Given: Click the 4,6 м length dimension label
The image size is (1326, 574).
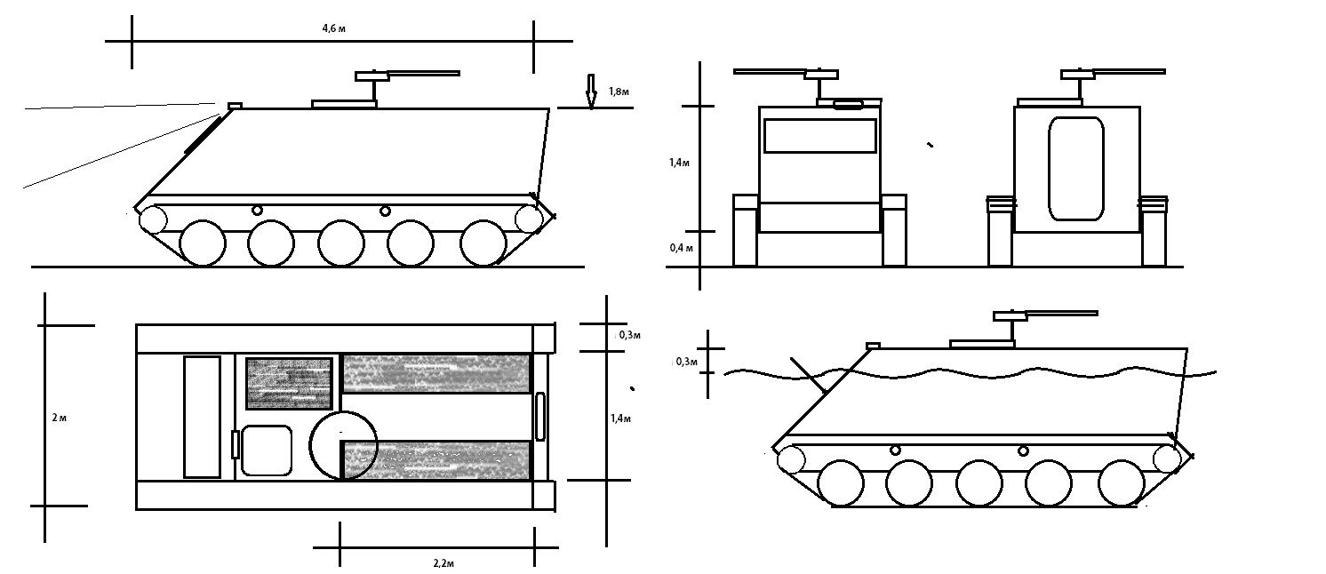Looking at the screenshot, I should (x=333, y=28).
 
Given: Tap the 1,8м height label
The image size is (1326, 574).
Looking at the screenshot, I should (x=620, y=92).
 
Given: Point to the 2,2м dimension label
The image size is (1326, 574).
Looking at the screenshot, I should (x=445, y=562).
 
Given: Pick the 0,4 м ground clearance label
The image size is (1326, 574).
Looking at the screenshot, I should (x=682, y=248).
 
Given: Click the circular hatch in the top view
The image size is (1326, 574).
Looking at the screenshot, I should (x=343, y=444).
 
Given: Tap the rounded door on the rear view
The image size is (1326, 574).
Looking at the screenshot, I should (x=1076, y=169).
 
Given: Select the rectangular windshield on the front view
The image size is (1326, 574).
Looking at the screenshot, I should (x=819, y=136).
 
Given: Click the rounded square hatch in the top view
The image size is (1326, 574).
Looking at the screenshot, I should (x=267, y=450).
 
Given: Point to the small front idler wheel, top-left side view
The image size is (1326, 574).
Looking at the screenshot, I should (x=154, y=219).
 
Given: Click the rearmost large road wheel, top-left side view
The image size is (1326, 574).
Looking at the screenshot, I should (x=483, y=242).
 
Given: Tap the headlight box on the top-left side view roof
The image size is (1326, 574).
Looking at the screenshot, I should (x=235, y=106).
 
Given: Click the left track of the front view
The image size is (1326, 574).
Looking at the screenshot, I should (x=745, y=230).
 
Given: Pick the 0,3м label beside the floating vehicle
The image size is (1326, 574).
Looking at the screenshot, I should (x=685, y=362).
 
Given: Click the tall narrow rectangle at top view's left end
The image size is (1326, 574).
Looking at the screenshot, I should (x=202, y=416).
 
